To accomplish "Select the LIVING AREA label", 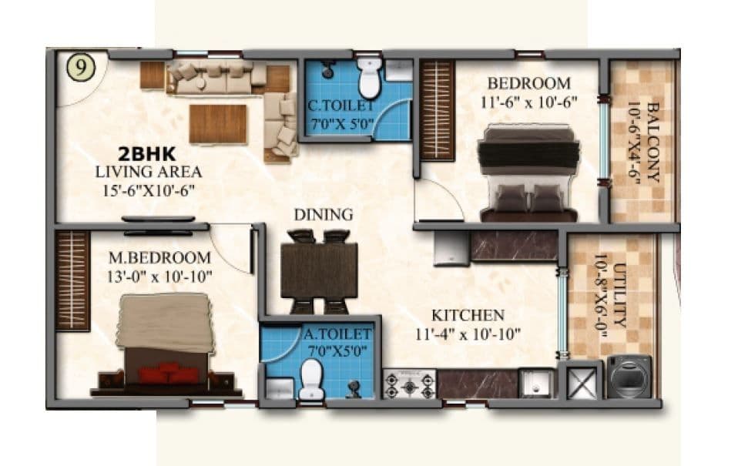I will click(x=148, y=172).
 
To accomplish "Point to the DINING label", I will click(x=324, y=214).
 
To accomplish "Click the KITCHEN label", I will click(x=468, y=315).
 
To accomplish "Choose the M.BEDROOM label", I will click(x=159, y=257).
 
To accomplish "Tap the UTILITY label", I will click(x=623, y=295).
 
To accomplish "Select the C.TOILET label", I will click(x=340, y=106).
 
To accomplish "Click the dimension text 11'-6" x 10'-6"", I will click(x=529, y=100).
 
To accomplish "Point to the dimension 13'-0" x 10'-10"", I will click(x=160, y=276).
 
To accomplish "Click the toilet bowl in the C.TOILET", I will click(x=370, y=76).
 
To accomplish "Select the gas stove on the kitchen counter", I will click(x=410, y=384).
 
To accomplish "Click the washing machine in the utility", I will click(x=630, y=377).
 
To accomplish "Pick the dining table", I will click(x=319, y=270).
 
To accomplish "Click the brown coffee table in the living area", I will click(x=218, y=124).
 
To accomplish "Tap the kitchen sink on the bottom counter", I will click(x=536, y=383).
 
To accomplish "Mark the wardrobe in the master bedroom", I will click(x=73, y=280).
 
